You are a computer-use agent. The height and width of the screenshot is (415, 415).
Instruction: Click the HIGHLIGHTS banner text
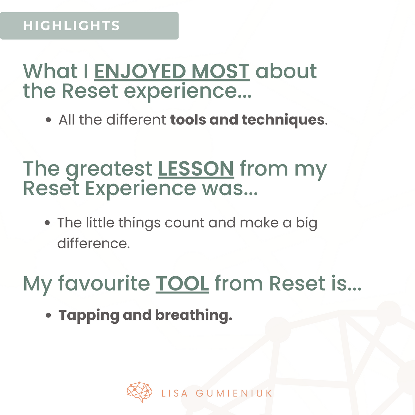coord(71,26)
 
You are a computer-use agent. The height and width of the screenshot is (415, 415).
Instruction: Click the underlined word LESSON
coord(196,169)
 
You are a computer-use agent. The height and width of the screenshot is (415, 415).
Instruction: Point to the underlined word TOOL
coord(182,283)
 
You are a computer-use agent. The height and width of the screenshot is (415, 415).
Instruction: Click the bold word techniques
coord(283,120)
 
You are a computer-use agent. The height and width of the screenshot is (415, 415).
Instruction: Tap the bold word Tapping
coord(89,316)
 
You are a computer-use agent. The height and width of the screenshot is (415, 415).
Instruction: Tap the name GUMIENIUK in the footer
coord(234,393)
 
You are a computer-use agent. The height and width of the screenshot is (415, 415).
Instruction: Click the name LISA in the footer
coord(174,393)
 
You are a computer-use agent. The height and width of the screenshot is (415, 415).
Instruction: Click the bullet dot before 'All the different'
coord(49,120)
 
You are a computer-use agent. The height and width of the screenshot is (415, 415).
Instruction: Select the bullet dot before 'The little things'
coord(47,223)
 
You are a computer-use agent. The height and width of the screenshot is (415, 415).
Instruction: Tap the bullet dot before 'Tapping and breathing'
coord(49,315)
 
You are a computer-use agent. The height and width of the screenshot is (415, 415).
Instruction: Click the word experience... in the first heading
coord(188,92)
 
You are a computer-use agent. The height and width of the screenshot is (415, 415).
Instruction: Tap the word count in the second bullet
coord(184,223)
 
